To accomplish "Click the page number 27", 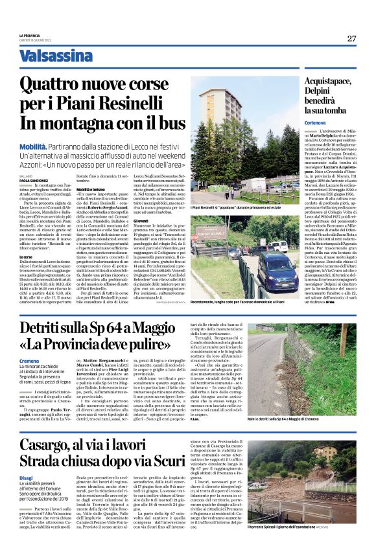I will pos(352,38).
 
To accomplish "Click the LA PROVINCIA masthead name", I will pos(30,35).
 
